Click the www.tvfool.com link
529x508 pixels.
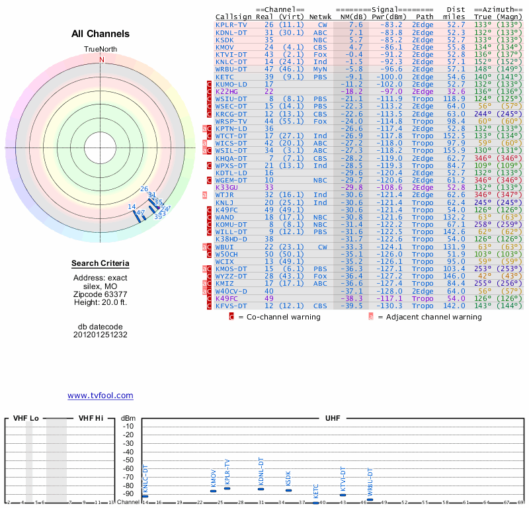point(101,396)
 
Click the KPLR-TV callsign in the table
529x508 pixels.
point(231,24)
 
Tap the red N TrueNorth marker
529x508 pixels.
point(101,60)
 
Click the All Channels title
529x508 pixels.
point(101,34)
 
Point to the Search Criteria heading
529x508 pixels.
point(101,265)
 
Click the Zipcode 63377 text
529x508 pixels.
point(101,294)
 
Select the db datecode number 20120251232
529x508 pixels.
point(101,335)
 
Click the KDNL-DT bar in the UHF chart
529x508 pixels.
point(261,489)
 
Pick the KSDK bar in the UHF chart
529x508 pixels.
point(288,490)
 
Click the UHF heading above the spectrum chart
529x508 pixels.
point(333,418)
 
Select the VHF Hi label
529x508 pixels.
point(91,418)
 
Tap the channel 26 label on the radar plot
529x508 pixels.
point(144,190)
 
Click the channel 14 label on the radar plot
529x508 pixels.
point(132,207)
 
